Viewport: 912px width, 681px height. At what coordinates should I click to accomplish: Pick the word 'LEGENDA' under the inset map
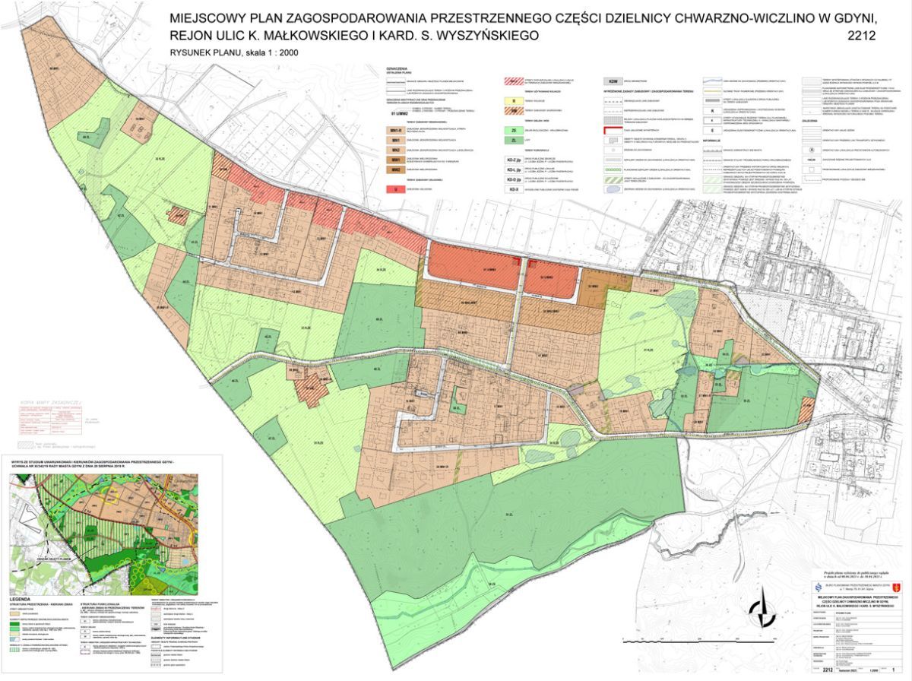23,600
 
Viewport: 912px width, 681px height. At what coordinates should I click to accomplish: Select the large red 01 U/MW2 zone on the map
471,266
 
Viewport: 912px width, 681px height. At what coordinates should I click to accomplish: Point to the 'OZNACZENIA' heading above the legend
399,67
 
